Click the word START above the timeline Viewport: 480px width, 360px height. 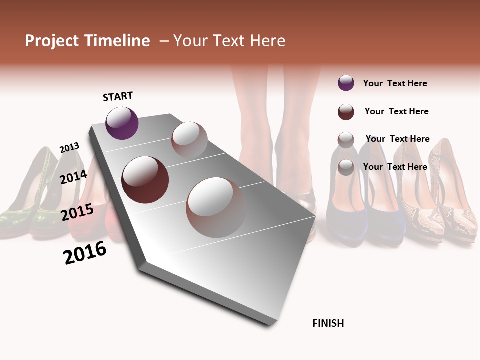coord(118,96)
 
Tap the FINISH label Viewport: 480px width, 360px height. coord(328,323)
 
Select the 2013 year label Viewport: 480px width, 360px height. coord(69,148)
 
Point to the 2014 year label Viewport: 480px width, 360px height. coord(73,177)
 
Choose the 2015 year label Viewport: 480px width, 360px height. coord(77,212)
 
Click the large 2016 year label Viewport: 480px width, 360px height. coord(85,253)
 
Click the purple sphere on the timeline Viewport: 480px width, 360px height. coord(122,123)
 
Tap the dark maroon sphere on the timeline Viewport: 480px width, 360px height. coord(145,180)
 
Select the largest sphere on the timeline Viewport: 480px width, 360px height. coord(216,207)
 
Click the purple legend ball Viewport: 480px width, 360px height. coord(346,83)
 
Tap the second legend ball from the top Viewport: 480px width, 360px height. coord(346,112)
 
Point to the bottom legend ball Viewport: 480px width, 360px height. coord(346,167)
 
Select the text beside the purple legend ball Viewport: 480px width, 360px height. coord(395,83)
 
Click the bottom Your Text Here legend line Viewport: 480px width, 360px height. coord(395,167)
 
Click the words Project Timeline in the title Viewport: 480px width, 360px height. coord(87,41)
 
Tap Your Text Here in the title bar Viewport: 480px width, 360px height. coord(229,41)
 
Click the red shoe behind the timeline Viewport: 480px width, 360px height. coord(90,220)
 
